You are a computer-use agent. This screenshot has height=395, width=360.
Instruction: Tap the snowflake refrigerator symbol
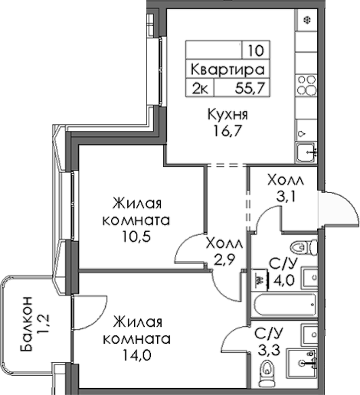click(x=308, y=19)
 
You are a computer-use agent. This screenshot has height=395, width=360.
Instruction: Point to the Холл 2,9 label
click(x=224, y=250)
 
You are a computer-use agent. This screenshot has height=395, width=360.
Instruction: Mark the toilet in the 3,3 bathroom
click(x=267, y=372)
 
